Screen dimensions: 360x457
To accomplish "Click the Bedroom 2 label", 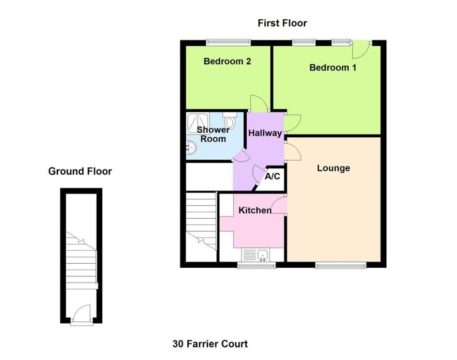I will point(227,62).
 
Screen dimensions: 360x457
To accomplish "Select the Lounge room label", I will point(333,168).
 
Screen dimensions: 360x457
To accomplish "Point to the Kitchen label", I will point(255,210).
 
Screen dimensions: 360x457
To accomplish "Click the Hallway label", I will point(265,133).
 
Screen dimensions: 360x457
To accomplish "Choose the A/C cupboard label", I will point(272,177).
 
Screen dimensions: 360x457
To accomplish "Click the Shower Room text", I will point(213,135).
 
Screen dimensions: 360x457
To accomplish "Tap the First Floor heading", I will point(282,23).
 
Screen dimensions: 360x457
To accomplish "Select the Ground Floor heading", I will point(80,171).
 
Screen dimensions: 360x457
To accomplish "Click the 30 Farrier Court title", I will point(210,344).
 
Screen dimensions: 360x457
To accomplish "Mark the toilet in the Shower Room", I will point(230,121).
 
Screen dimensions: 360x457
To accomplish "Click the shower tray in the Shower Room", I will point(198,123).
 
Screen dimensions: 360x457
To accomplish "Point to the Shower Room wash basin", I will point(191,147).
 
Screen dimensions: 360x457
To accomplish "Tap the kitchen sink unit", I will point(256,255).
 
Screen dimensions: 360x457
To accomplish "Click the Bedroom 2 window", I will point(228,43).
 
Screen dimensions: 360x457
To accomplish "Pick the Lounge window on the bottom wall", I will point(341,265).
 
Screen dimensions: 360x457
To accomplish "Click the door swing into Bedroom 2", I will point(259,103).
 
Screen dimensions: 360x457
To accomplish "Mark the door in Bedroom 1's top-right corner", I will point(361,50).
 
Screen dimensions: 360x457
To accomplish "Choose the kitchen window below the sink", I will point(256,265).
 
